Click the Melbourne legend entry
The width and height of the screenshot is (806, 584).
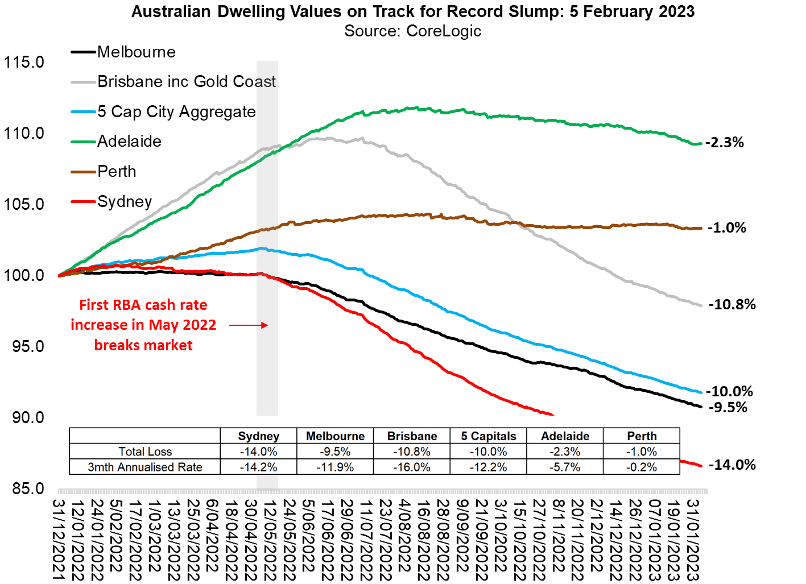point(136,52)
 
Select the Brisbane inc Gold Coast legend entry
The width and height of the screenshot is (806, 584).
point(186,82)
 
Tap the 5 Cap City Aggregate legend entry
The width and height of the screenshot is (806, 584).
point(176,112)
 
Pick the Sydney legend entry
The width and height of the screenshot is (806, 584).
point(125,202)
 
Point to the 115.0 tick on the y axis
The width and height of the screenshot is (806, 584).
point(24,62)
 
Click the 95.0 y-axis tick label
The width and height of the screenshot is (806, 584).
point(28,346)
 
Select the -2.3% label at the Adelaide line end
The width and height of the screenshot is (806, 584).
point(725,143)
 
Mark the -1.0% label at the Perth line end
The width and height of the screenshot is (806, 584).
point(727,228)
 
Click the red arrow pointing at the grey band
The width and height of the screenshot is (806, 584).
point(249,325)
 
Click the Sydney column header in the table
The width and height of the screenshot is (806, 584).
point(258,436)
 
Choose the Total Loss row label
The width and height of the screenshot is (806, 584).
point(145,452)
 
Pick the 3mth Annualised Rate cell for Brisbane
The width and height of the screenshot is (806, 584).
point(412,467)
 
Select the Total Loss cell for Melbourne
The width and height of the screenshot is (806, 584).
point(335,452)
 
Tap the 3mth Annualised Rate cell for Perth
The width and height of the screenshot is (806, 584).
point(642,467)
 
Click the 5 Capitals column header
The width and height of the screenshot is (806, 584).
point(489,436)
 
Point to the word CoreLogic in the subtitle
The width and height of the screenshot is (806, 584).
point(444,31)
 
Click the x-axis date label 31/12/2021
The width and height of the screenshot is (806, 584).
point(58,540)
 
